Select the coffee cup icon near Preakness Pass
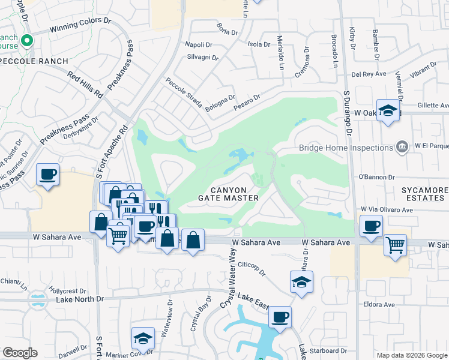47,175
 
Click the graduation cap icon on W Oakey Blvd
388,111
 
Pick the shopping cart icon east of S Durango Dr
395,244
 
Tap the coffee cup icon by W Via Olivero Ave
372,226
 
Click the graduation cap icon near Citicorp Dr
301,282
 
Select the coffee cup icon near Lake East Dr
280,316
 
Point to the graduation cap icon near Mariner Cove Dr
143,339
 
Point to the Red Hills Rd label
85,83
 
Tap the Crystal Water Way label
229,281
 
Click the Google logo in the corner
20,352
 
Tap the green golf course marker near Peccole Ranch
26,41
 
